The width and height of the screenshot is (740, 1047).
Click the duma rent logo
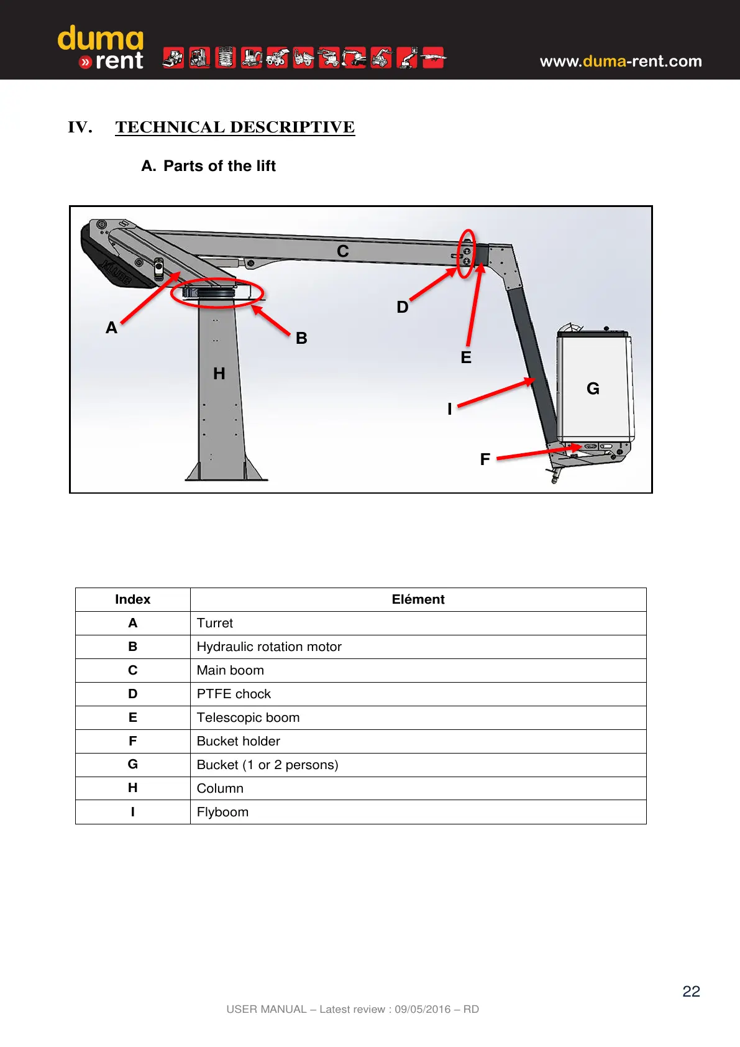click(x=101, y=47)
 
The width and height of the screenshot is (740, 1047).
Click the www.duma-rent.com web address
click(x=620, y=61)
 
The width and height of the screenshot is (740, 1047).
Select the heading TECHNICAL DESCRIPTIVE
click(x=235, y=127)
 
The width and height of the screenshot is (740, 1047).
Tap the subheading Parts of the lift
click(x=219, y=166)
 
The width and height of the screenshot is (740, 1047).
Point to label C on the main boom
click(x=343, y=251)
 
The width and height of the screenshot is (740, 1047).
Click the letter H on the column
click(x=219, y=374)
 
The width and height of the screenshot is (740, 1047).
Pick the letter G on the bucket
click(x=593, y=389)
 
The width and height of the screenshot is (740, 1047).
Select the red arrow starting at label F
click(x=537, y=453)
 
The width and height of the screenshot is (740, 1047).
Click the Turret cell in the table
click(x=215, y=623)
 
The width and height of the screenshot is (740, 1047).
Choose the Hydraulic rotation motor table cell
click(x=269, y=647)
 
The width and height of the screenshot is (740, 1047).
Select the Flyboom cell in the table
click(x=222, y=812)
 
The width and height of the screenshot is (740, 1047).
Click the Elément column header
click(x=418, y=599)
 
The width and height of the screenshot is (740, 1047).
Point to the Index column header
click(x=132, y=599)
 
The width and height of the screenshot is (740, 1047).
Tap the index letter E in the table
click(x=132, y=717)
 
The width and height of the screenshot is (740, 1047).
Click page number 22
click(x=691, y=991)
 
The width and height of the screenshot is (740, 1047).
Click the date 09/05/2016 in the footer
click(x=423, y=1009)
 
